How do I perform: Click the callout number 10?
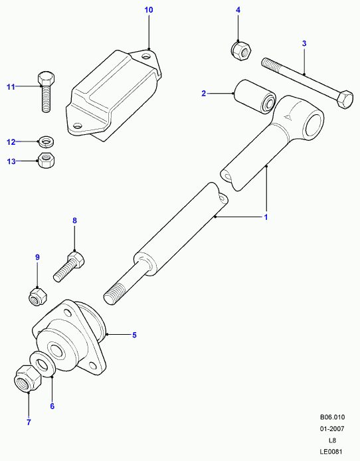(149, 10)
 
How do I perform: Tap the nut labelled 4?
(240, 51)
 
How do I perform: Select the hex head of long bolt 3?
(345, 100)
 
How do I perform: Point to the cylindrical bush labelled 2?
(255, 96)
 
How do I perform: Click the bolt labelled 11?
(46, 92)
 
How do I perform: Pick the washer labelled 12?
(46, 142)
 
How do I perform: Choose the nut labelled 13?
(46, 160)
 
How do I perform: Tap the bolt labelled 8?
(69, 266)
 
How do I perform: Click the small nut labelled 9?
(39, 297)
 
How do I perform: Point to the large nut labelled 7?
(28, 379)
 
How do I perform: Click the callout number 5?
(134, 335)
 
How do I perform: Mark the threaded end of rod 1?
(112, 294)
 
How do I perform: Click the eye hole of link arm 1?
(314, 125)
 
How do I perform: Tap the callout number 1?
(266, 217)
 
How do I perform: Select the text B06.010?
(332, 417)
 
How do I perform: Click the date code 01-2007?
(332, 429)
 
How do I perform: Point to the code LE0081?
(332, 452)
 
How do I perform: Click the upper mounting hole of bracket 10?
(145, 56)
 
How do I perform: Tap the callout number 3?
(304, 44)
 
